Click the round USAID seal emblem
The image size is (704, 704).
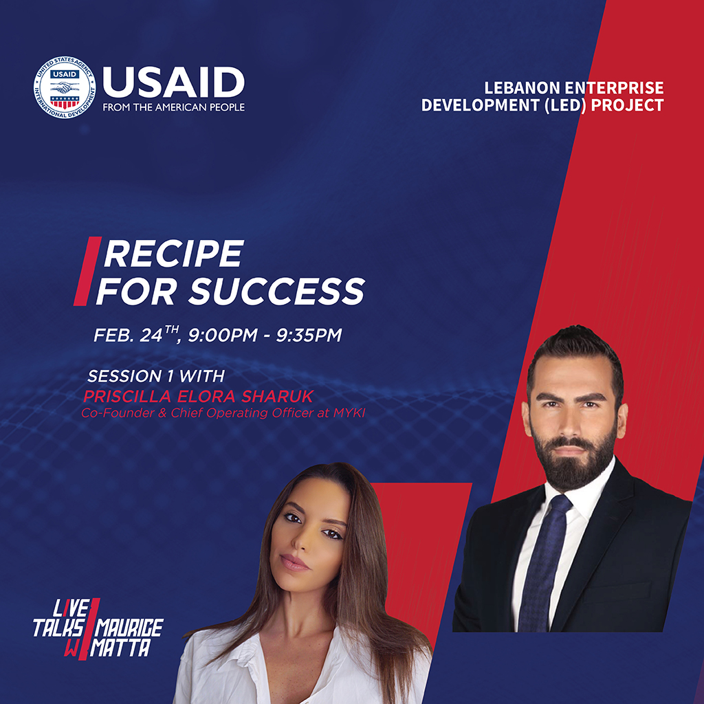coord(65,87)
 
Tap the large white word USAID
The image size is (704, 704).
coord(174,82)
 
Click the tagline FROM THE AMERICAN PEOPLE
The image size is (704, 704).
coord(174,107)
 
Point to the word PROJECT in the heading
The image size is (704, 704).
coord(627,105)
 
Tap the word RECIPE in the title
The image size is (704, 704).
coord(174,254)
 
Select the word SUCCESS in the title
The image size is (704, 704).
coord(276,291)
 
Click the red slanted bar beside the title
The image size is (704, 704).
coord(87,271)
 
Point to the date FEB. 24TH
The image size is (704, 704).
coord(137,335)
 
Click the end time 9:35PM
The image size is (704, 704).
coord(309,335)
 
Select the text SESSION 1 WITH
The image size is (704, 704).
coord(156,376)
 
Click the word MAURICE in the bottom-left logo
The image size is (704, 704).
coord(130,628)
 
